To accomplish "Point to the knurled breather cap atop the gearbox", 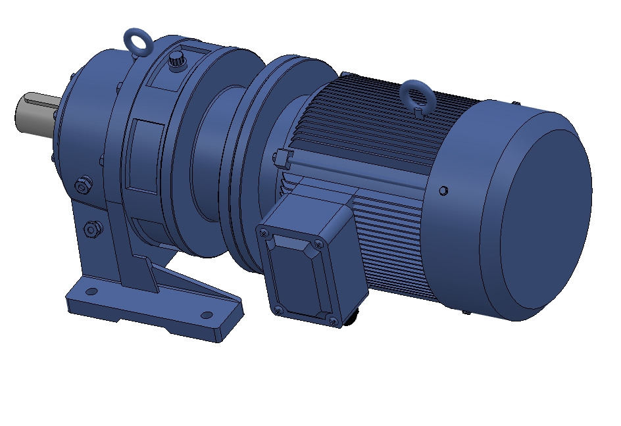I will tap(176, 61).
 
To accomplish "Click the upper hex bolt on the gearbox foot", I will tap(82, 186).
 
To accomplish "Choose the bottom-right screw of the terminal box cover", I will tap(333, 321).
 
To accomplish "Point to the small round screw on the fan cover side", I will tap(443, 191).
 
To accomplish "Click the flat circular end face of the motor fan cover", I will tap(546, 220).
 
